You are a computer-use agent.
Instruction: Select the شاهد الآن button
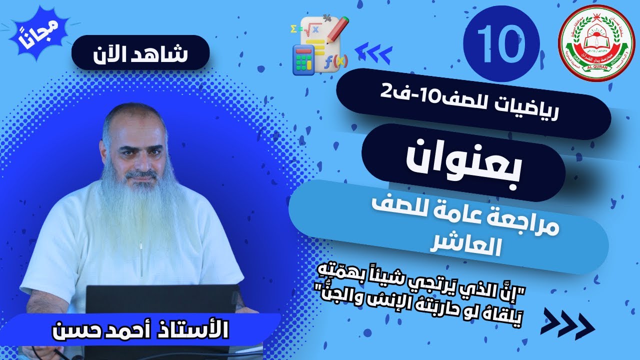[x=140, y=52]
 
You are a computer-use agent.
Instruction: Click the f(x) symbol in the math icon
[x=335, y=62]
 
